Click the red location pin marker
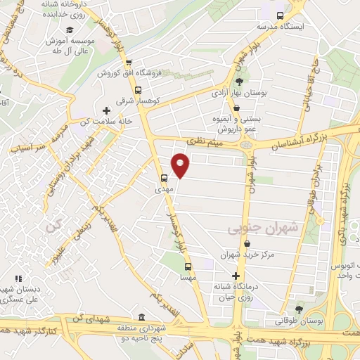pyautogui.click(x=181, y=165)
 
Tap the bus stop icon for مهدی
pyautogui.click(x=164, y=178)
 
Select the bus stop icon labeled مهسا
pyautogui.click(x=188, y=266)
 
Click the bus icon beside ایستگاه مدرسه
pyautogui.click(x=281, y=15)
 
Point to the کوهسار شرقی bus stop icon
pyautogui.click(x=137, y=90)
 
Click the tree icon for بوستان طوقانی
pyautogui.click(x=299, y=309)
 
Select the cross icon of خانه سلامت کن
pyautogui.click(x=106, y=110)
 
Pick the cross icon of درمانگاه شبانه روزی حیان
pyautogui.click(x=236, y=275)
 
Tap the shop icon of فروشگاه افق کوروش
pyautogui.click(x=128, y=62)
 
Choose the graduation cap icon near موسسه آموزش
pyautogui.click(x=70, y=30)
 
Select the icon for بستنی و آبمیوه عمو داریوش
pyautogui.click(x=237, y=108)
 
